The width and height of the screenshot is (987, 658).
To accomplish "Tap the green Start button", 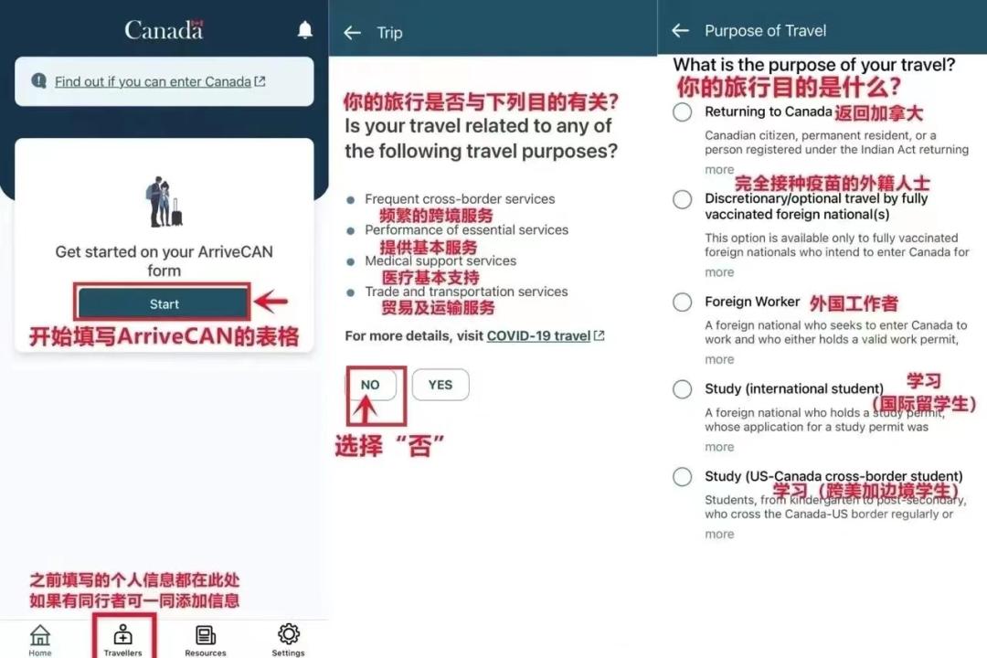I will tap(164, 303).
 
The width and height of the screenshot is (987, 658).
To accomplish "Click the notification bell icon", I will tap(305, 30).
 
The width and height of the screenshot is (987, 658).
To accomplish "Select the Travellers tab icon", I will tap(122, 635).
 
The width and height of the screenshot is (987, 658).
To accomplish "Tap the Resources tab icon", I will tap(206, 635).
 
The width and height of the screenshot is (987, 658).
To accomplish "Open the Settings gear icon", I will tap(289, 634).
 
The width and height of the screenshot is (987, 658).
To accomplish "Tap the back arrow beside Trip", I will tap(352, 33).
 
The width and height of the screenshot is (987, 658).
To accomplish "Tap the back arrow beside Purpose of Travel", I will tap(680, 31).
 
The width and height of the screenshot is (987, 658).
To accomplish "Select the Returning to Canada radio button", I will tap(683, 112).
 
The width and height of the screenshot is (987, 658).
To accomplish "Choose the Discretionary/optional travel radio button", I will tap(683, 199).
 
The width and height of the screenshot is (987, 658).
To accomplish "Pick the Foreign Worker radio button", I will tap(683, 302).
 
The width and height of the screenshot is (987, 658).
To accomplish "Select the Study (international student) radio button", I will tap(683, 389).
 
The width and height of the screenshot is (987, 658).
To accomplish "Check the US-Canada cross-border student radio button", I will tap(683, 477).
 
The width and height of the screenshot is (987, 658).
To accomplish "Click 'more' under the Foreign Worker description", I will tap(719, 359).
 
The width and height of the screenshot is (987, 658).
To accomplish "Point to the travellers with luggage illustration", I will tap(164, 202).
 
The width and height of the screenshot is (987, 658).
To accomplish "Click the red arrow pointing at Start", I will tap(271, 302).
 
